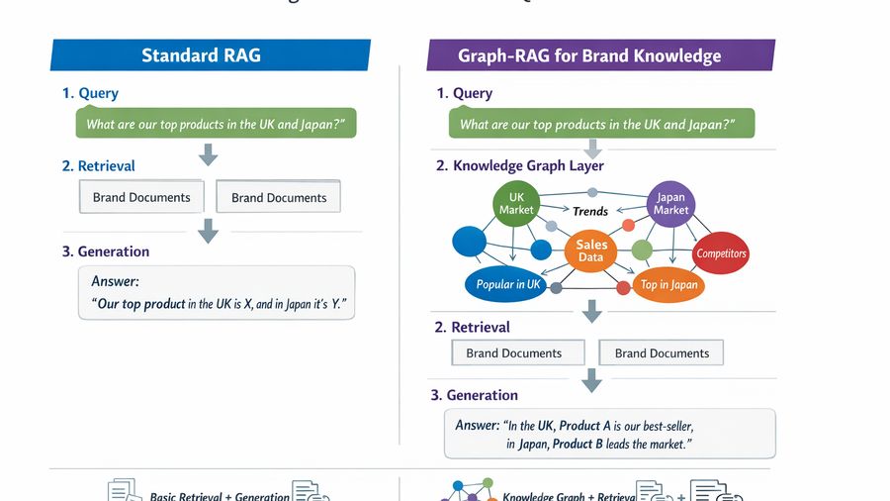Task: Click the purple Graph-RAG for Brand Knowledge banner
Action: coord(598,54)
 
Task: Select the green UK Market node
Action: coord(515,204)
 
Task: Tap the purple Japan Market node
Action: coord(670,204)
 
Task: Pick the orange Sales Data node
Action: coord(590,250)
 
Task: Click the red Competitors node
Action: coord(721,253)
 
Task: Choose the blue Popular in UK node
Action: coord(508,284)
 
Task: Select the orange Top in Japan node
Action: coord(668,284)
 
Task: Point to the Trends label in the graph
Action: coord(590,211)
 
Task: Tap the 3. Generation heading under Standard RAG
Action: coord(106,251)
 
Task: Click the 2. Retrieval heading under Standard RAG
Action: coord(98,165)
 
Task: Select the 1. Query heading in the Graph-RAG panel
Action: coord(464,93)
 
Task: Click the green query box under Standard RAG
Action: coord(216,125)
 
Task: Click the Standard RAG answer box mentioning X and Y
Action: coord(216,293)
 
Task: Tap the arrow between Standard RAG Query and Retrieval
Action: coord(208,153)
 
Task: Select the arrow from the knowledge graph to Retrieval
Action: coord(591,313)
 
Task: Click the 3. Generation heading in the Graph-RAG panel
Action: coord(474,394)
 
